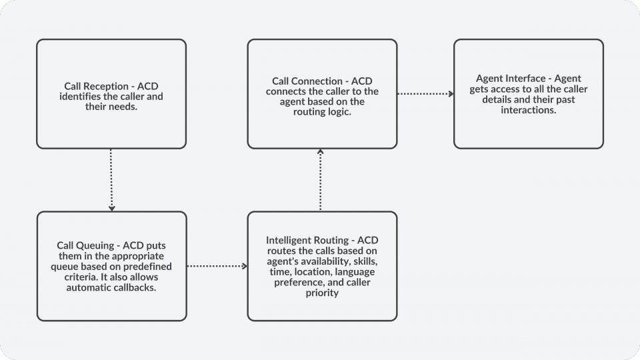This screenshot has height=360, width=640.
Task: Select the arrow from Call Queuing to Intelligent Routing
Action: [x=217, y=266]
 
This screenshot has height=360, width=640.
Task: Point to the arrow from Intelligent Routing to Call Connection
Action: [x=321, y=180]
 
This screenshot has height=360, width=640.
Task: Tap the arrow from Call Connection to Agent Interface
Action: [x=425, y=94]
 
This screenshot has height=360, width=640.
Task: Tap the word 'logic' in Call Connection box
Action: [x=338, y=111]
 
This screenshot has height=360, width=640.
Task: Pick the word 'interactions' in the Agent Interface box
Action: [x=528, y=110]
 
